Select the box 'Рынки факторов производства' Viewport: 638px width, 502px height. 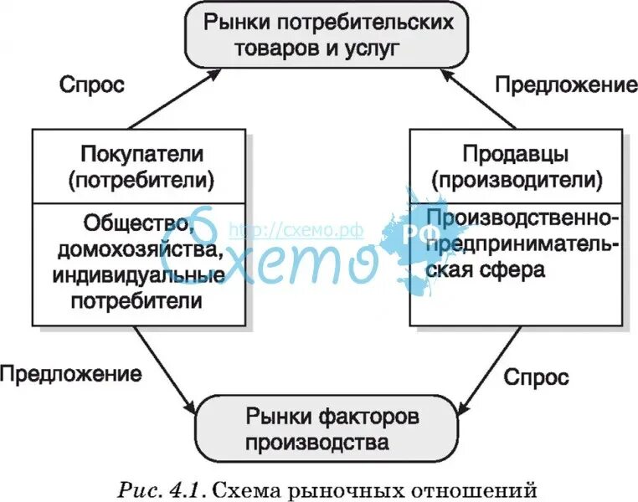pos(331,428)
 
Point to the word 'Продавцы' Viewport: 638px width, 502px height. pos(515,155)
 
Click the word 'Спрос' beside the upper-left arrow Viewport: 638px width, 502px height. pos(92,85)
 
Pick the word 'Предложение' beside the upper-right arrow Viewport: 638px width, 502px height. pos(566,85)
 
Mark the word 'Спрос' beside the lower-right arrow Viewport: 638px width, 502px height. pos(536,377)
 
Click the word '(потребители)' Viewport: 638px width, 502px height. pos(141,179)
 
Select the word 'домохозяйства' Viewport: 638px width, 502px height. pos(141,249)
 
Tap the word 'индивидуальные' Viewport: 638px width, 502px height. pos(141,274)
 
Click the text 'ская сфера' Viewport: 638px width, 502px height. pos(485,270)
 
